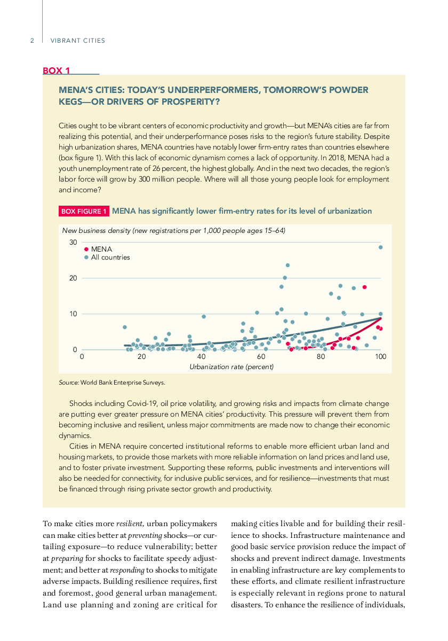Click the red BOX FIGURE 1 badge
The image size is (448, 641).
[x=84, y=211]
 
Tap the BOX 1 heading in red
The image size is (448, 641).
[x=57, y=71]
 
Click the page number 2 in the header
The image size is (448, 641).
[x=32, y=41]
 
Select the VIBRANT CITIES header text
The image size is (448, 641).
[x=78, y=41]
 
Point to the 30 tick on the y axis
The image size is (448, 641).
[x=73, y=243]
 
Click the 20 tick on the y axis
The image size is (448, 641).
[x=73, y=278]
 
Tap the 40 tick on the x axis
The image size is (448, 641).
[x=202, y=357]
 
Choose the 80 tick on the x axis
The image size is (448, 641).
[x=321, y=357]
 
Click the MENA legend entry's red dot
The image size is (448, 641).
[x=86, y=249]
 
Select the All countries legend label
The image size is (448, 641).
[x=110, y=257]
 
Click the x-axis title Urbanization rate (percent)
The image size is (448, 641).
[x=231, y=367]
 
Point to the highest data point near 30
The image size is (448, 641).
[x=381, y=247]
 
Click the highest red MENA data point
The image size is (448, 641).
[x=365, y=287]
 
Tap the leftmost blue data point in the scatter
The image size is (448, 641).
[x=125, y=327]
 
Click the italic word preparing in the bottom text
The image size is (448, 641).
[x=67, y=559]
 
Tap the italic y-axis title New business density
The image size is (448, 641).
[x=97, y=231]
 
